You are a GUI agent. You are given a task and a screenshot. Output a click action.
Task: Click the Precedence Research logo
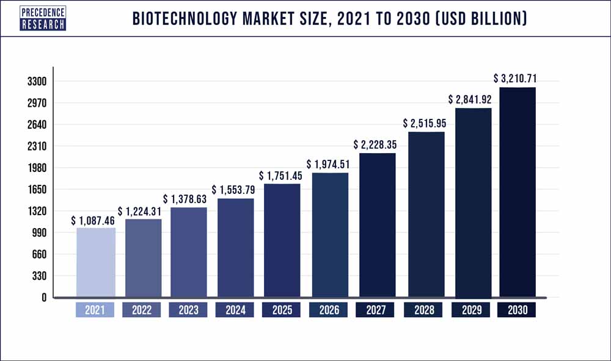[x=43, y=18]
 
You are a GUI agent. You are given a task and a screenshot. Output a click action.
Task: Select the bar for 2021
[x=95, y=262]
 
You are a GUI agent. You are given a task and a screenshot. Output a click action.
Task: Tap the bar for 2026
[x=330, y=235]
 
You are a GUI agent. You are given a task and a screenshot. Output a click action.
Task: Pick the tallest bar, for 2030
[x=518, y=192]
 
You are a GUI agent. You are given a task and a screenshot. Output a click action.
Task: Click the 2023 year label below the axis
[x=188, y=310]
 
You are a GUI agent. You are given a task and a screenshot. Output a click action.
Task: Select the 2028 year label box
[x=424, y=310]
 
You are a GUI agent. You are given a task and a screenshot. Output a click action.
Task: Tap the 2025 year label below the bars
[x=282, y=310]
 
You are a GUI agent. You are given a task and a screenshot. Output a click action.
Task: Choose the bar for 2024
[x=236, y=248]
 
